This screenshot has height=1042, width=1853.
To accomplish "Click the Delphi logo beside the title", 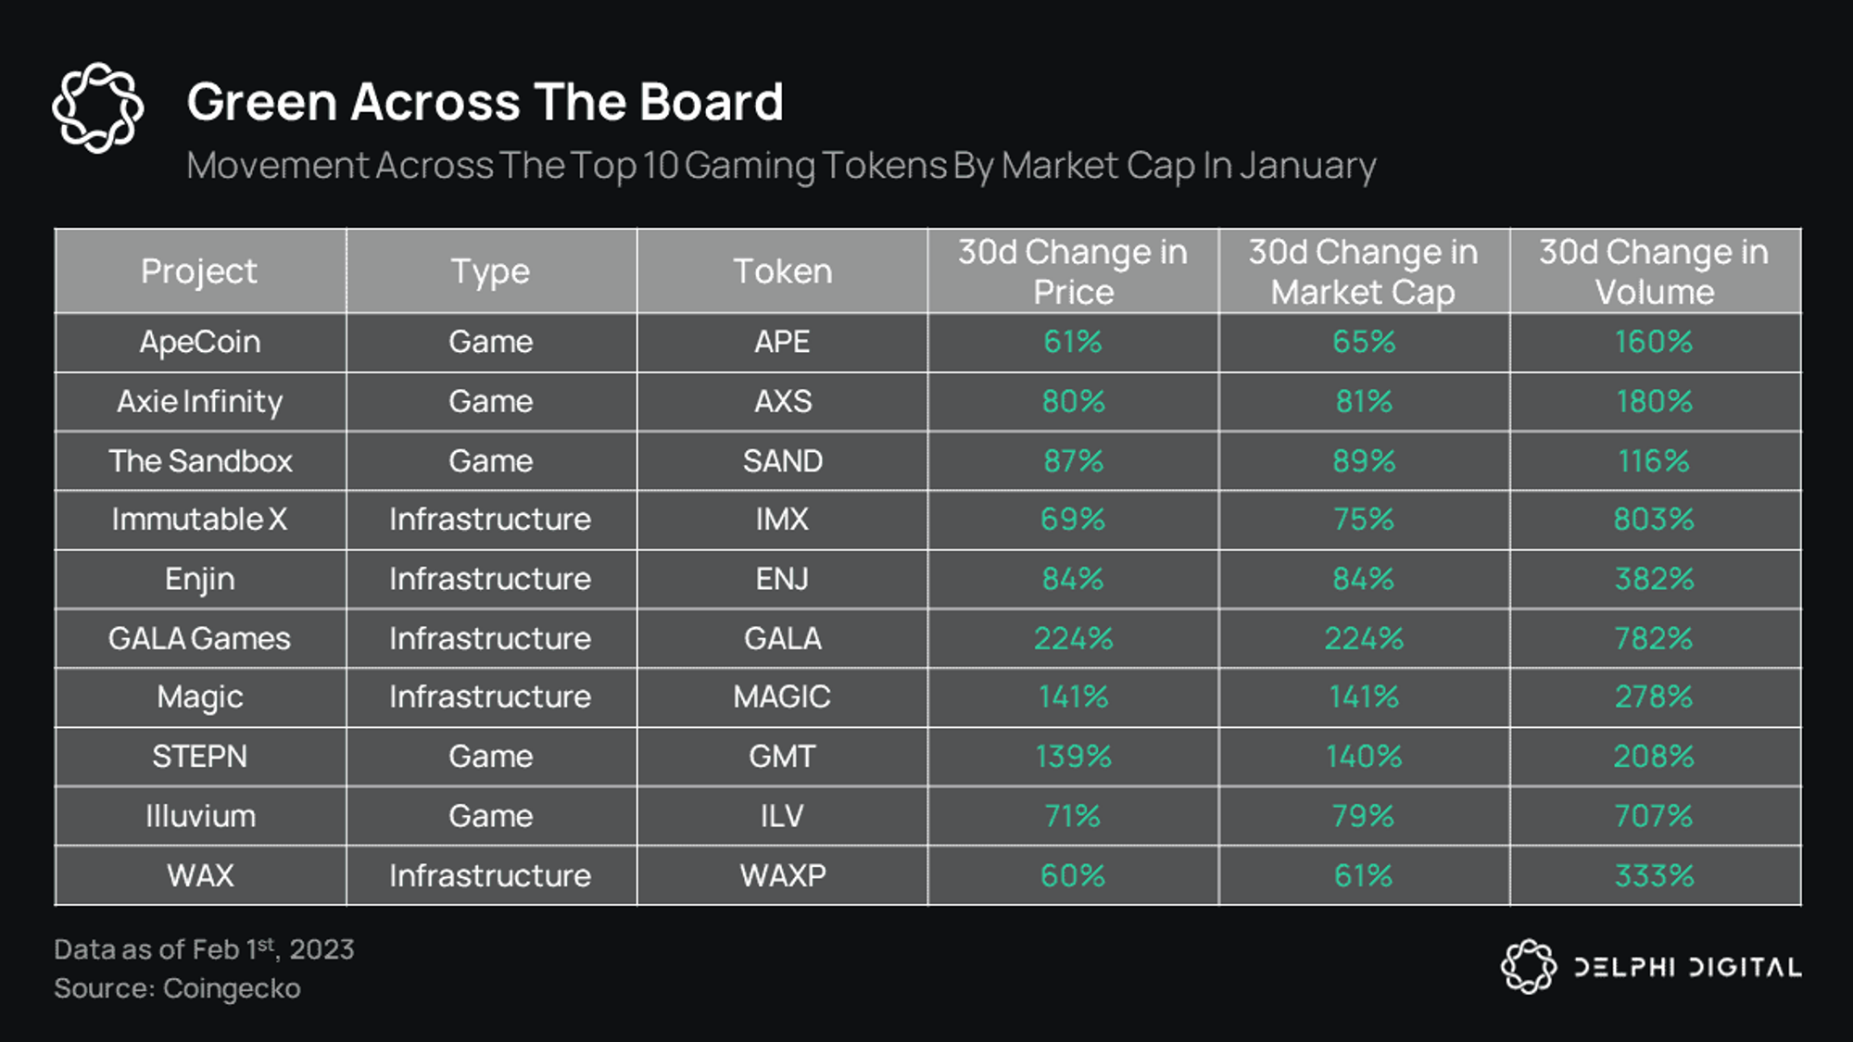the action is pos(98,107).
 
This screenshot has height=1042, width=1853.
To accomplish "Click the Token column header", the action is pos(783,271).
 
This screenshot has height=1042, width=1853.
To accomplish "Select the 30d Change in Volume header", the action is pos(1654,271).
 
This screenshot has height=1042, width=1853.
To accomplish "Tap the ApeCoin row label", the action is pos(200,342).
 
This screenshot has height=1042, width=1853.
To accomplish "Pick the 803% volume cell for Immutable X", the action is pos(1654,520).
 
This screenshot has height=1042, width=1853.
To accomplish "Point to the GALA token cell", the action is pos(783,638).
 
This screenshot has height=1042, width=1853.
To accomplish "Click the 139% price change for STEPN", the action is pos(1073,757).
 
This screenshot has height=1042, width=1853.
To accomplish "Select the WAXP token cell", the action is pos(783,875).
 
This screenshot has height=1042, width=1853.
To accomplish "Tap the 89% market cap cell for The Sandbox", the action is pos(1364,460).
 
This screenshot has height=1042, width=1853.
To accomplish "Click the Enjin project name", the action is pos(200,580).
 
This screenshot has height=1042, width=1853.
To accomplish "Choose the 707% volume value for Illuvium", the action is pos(1654,816).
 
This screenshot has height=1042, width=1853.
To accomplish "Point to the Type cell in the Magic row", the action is pos(490,697).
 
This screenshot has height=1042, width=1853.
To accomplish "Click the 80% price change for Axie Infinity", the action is pos(1073,401).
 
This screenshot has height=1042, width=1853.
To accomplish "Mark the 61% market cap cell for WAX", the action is pos(1364,875).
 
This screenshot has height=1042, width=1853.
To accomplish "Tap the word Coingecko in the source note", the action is pos(232,989).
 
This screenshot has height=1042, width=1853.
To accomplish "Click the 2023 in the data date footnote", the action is pos(321,949).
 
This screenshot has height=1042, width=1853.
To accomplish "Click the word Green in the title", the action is pos(262,102).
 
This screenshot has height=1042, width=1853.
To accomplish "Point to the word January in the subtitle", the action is pos(1307,167).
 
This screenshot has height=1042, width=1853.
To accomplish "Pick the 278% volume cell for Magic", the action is pos(1654,697).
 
